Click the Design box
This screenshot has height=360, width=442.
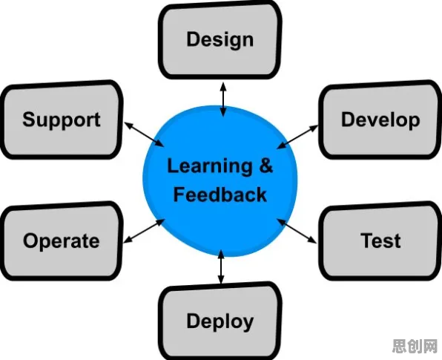click(x=220, y=40)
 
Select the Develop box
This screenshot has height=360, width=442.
click(x=380, y=120)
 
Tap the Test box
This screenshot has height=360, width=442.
click(x=380, y=241)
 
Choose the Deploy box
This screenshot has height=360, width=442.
click(x=220, y=321)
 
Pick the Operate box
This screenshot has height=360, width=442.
click(x=62, y=241)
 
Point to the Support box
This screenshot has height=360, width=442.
click(x=62, y=120)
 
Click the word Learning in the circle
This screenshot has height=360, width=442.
click(x=210, y=167)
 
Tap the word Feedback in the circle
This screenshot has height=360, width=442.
click(x=220, y=194)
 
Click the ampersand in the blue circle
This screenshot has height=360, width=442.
click(x=265, y=166)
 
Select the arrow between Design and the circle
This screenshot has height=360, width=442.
click(x=223, y=99)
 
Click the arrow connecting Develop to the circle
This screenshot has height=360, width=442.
click(x=297, y=137)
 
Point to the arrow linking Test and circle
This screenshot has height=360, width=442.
click(x=297, y=231)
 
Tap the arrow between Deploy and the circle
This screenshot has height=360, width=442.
click(x=221, y=266)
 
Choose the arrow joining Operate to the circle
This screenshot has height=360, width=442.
click(x=144, y=231)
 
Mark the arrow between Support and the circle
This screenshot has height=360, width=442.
click(x=144, y=134)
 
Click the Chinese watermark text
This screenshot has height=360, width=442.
click(x=415, y=346)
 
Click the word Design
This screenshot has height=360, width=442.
click(x=220, y=40)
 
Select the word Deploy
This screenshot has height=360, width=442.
click(x=220, y=321)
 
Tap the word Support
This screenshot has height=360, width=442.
click(x=62, y=120)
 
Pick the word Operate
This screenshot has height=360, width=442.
click(x=61, y=241)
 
